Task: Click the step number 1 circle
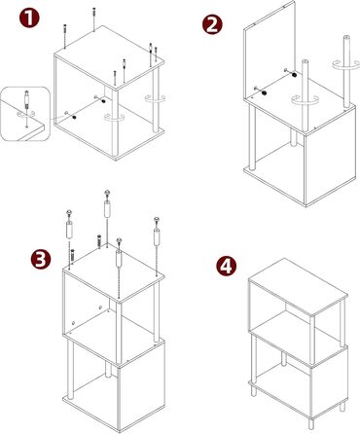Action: pos(29,18)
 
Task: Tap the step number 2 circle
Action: pos(212,24)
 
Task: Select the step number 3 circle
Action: pos(41,259)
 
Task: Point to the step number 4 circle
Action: pos(226,266)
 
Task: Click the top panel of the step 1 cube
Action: pos(109,57)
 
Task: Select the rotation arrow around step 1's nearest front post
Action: pos(114,118)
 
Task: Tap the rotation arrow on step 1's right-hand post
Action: pos(155,98)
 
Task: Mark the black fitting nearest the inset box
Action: pos(75,118)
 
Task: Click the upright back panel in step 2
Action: pos(269,52)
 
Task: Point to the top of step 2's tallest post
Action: pos(346,38)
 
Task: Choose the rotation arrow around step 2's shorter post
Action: pos(305,100)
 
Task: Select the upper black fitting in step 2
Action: pos(294,75)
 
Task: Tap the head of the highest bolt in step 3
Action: pos(107,194)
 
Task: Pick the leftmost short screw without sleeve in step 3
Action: pos(72,254)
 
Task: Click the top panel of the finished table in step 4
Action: pos(298,286)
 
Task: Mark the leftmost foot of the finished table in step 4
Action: pos(253,390)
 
